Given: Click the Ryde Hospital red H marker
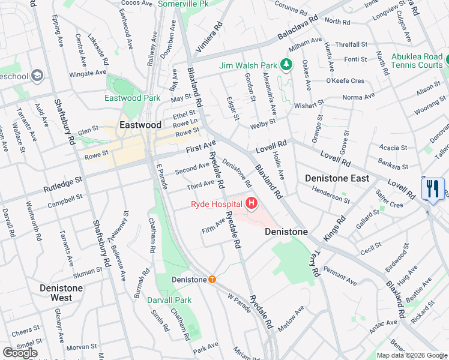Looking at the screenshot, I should coord(251,205).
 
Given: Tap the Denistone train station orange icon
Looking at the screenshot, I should coord(212,280).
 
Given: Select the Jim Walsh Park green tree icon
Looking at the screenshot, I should coord(287,65).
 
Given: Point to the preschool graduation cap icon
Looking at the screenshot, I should coord(37,76).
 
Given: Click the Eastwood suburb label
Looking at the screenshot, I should coord(140,125).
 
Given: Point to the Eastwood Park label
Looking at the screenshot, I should coord(132,98).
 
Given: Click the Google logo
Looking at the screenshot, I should coord(20,352).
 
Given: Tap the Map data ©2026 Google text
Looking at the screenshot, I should coord(411,355).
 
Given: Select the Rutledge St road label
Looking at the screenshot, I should coord(62,185).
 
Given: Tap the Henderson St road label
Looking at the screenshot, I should coord(330,196).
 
